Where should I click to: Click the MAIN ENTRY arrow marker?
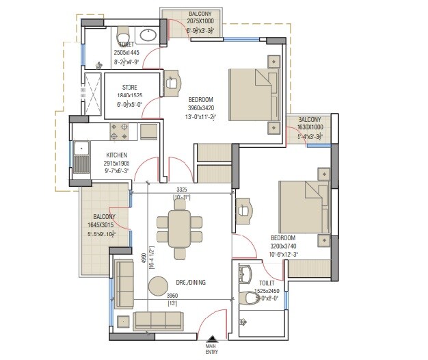tap(213, 339)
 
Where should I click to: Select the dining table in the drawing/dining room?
tap(180, 227)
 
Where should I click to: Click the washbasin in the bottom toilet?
tap(246, 276)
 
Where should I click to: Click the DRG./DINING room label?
tap(191, 282)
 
